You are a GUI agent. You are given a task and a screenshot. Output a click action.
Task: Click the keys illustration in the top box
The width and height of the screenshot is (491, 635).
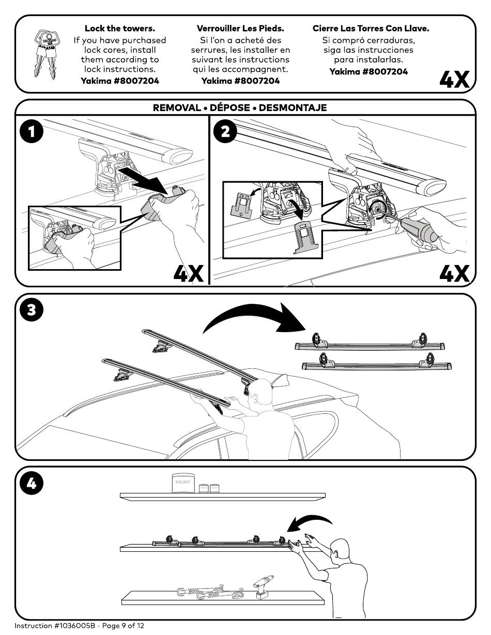click(46, 54)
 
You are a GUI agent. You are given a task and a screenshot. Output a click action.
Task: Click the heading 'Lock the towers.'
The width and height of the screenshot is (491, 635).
click(120, 28)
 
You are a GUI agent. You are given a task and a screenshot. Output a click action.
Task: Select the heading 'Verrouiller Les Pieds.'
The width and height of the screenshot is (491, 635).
click(240, 28)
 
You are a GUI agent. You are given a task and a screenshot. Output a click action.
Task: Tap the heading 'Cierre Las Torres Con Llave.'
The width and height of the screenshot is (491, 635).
click(371, 28)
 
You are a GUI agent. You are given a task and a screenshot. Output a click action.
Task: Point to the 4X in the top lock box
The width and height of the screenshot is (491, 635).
click(454, 80)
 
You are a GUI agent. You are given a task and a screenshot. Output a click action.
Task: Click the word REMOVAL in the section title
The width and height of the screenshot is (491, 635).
click(177, 107)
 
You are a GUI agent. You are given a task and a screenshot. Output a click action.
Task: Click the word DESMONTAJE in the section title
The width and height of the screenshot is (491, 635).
click(293, 107)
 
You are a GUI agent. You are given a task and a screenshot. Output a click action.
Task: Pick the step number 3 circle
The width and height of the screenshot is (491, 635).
click(32, 309)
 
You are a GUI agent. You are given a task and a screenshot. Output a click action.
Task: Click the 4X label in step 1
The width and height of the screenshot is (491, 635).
click(189, 273)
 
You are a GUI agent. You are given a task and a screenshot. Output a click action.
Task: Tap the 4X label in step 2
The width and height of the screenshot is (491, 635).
click(454, 273)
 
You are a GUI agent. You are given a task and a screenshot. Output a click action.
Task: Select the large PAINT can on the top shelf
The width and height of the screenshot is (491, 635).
click(182, 483)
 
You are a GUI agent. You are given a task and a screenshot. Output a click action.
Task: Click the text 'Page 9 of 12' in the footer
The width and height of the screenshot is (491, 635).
click(123, 626)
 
